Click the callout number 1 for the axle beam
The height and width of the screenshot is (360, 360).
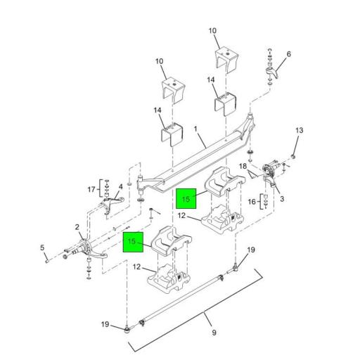click(195, 129)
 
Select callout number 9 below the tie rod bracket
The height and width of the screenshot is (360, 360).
click(214, 333)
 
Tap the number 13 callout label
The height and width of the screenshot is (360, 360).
click(299, 130)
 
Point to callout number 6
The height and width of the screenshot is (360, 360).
click(288, 54)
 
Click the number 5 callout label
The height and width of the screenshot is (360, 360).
click(42, 247)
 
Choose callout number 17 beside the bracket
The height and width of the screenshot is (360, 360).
click(91, 189)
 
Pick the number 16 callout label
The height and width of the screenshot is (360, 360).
click(252, 202)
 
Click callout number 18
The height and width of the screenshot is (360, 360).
click(243, 166)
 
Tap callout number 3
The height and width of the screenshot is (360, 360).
click(282, 199)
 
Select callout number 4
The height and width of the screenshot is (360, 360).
click(120, 187)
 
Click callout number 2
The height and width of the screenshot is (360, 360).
click(77, 227)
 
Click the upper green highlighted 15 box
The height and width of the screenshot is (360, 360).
click(186, 198)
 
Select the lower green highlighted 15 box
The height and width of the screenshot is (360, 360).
click(133, 242)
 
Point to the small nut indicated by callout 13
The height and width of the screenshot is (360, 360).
click(292, 156)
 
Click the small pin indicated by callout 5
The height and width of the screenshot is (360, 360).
click(47, 261)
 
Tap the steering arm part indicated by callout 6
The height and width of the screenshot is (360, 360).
click(273, 72)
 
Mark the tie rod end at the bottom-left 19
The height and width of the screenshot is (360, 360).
click(127, 330)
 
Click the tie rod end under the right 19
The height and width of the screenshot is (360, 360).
click(235, 268)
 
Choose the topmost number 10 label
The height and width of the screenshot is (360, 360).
click(212, 31)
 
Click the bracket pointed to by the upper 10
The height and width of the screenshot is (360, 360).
click(226, 58)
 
